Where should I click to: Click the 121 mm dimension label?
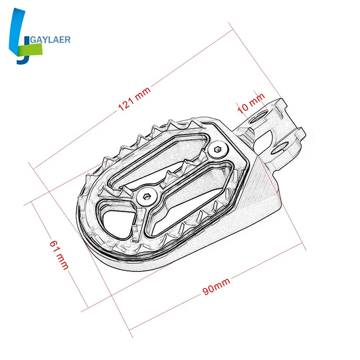134,99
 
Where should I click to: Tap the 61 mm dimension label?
59,255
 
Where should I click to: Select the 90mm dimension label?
216,286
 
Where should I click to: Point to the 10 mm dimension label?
251,103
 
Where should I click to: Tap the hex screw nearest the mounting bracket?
217,150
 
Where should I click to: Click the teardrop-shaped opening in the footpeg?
117,223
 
